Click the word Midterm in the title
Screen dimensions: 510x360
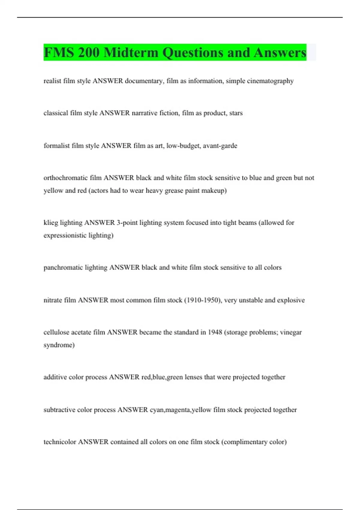tap(130, 53)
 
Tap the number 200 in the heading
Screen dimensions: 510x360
tap(88, 53)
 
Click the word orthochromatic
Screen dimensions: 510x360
tap(65, 178)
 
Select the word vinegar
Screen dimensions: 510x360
tap(291, 332)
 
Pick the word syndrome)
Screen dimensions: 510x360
tap(59, 345)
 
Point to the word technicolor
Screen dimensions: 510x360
tap(60, 442)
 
